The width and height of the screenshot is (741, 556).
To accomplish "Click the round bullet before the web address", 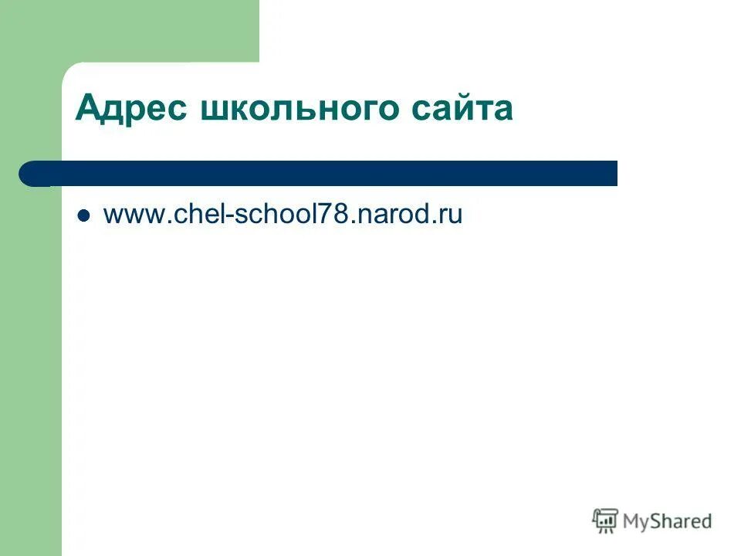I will coord(85,215).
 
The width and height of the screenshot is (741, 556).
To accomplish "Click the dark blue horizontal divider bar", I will coord(324,174).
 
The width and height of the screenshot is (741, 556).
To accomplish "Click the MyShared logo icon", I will coord(605,521).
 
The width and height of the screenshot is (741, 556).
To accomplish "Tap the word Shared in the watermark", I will coord(682,521).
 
